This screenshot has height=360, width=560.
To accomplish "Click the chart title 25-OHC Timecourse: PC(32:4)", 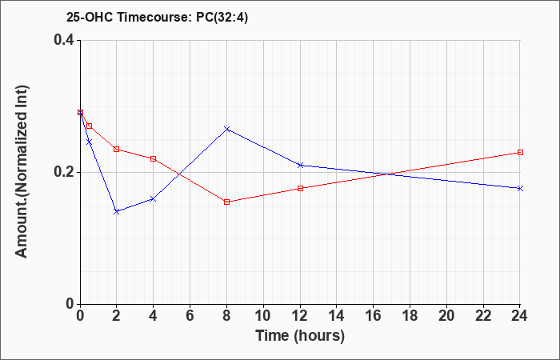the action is (157, 18).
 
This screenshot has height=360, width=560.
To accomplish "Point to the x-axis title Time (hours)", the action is (300, 336).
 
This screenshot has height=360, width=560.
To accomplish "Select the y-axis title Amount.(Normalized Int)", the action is (22, 171).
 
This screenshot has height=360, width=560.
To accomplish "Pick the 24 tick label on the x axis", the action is (520, 316).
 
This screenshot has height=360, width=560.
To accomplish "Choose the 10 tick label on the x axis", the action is (263, 316).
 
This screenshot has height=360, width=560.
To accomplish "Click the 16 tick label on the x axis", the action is (374, 316).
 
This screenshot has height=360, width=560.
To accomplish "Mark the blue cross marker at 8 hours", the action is (226, 129).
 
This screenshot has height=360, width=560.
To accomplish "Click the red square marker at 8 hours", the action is (226, 202).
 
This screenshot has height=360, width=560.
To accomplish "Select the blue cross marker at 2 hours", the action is (117, 211).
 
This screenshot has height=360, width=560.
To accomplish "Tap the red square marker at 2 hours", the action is (117, 149).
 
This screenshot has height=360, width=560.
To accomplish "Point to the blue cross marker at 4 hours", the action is (154, 198).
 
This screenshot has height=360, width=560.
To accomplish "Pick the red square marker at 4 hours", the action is (154, 158).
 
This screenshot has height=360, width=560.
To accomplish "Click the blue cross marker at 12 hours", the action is (300, 165).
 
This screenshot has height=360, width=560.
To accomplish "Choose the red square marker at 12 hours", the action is (300, 188).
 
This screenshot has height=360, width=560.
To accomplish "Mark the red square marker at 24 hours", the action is (520, 152).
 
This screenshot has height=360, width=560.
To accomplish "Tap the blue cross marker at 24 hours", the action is (520, 188).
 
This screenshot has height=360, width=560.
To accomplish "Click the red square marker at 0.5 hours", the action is (90, 126).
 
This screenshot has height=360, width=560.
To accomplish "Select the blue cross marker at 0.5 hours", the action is (90, 142).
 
